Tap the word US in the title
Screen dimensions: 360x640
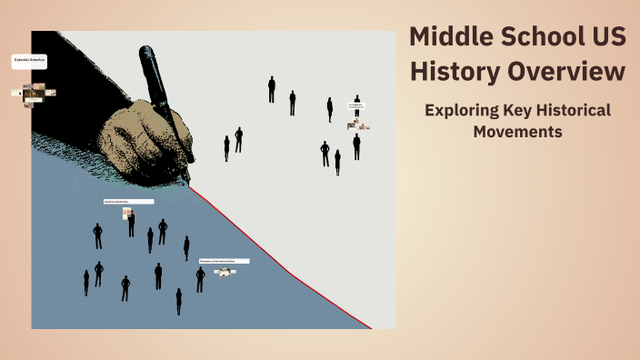coord(605,37)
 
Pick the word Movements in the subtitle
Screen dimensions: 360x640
coord(517,132)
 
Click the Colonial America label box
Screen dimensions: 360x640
coord(29,62)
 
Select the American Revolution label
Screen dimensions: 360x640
coord(128,202)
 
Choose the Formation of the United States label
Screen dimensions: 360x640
coord(224,261)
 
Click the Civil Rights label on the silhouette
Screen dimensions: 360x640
coord(357,107)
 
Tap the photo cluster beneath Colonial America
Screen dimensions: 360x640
coord(34,93)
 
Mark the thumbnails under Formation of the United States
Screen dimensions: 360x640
coord(221,271)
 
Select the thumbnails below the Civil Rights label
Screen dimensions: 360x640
coord(358,125)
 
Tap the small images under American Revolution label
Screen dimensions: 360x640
coord(129,214)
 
